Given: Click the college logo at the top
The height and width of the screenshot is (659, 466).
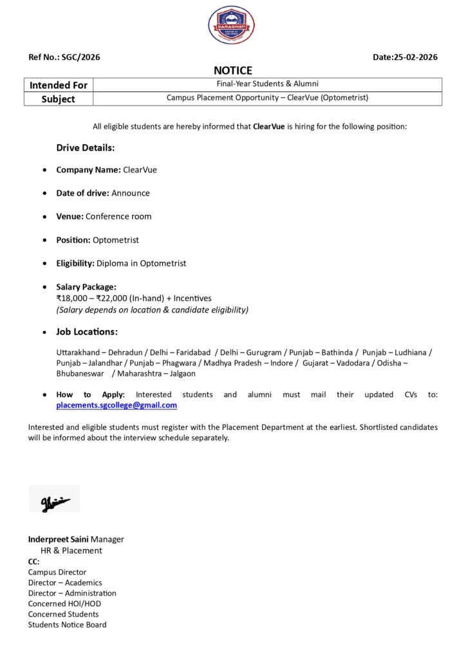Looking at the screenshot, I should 232,24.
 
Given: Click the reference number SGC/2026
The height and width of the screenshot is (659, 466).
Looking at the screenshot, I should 80,57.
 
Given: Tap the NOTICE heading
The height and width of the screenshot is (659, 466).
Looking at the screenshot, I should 233,71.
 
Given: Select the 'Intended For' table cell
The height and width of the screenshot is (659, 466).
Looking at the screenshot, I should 59,85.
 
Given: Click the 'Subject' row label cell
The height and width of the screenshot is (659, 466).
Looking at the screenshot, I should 59,99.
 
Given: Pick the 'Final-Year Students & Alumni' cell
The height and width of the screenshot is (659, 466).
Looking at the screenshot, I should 267,84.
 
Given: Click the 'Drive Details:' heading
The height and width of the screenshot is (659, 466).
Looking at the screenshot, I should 86,148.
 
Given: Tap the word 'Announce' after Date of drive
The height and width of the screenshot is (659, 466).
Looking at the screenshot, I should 131,193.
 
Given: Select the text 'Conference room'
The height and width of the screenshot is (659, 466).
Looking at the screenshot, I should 118,216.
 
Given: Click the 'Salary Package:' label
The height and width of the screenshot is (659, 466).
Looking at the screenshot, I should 86,286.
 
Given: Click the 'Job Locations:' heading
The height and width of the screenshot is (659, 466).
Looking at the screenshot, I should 87,332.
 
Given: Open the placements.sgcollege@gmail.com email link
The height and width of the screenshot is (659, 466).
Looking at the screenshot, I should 116,405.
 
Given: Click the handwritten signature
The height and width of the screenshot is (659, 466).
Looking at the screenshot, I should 55,499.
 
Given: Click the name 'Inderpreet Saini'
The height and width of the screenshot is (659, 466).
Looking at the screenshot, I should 58,539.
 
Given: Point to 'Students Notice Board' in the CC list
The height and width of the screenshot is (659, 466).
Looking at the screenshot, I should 67,625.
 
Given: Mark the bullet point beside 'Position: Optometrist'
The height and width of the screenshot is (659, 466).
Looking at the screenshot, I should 44,240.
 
